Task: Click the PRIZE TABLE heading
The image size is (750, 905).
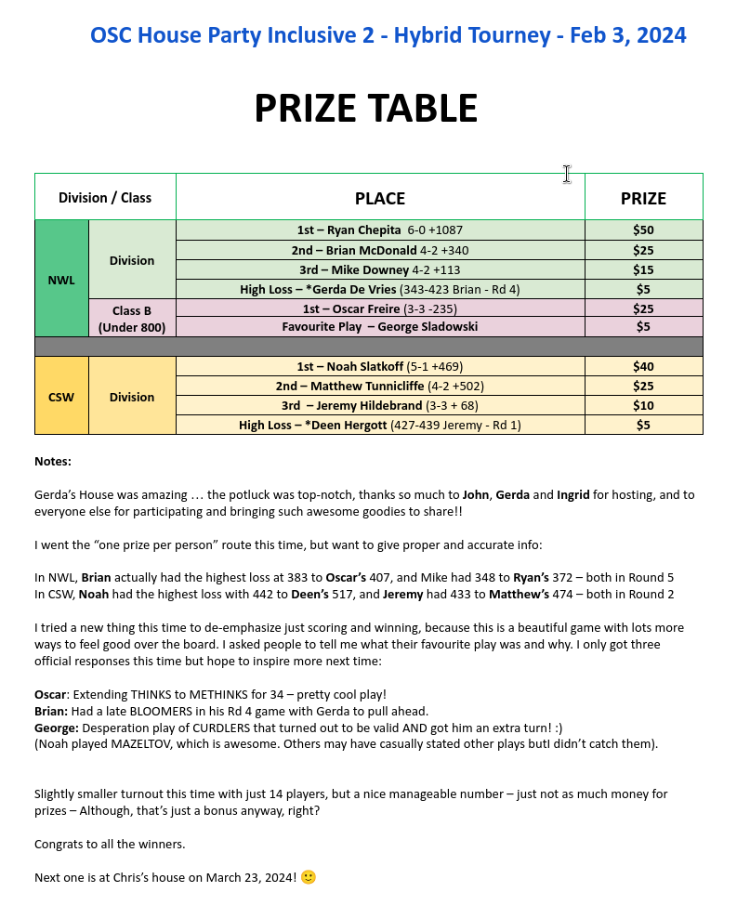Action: pos(365,109)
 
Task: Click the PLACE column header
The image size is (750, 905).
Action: pos(380,198)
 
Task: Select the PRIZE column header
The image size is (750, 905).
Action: pos(643,198)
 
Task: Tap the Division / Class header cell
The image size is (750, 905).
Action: pos(105,198)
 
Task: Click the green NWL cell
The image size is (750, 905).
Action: pos(61,279)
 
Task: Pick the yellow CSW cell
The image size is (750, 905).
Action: pos(61,397)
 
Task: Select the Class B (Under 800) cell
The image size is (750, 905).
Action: pos(132,318)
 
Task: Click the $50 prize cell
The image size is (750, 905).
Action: pos(643,230)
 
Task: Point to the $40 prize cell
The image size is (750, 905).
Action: pos(643,367)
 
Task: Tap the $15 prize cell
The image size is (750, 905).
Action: pos(643,269)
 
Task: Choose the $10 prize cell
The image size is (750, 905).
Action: pos(643,406)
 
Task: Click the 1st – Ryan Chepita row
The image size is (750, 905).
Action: pos(380,230)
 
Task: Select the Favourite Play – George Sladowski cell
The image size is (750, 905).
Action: pos(380,327)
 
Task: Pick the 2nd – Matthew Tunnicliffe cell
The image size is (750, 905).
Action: pos(380,387)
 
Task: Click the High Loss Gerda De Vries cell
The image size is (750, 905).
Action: pos(380,289)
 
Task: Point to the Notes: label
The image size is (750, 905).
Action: pos(53,462)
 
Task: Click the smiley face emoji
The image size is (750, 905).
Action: pos(309,877)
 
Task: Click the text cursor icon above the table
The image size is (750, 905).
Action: pos(566,174)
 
